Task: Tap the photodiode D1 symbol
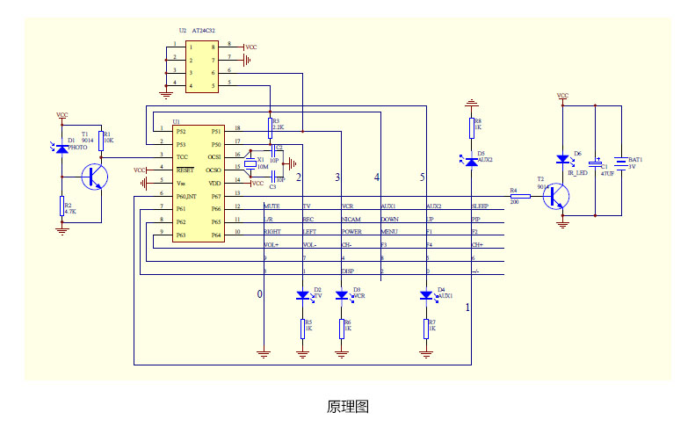click(62, 148)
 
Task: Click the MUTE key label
click(272, 206)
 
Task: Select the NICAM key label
click(351, 218)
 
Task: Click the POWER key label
click(352, 231)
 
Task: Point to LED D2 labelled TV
click(303, 296)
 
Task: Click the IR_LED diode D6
click(563, 160)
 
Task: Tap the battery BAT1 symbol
click(621, 163)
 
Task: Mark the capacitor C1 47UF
click(596, 164)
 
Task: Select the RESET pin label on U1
click(185, 169)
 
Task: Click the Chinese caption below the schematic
click(347, 407)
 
